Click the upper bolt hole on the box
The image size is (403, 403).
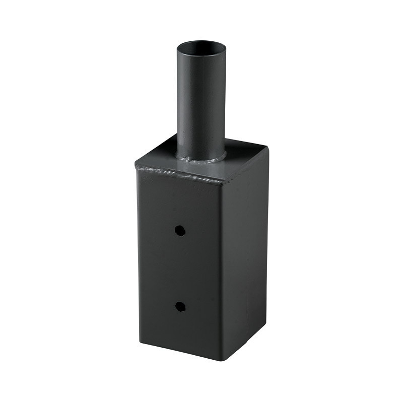click(179, 230)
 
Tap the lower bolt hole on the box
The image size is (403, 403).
click(179, 305)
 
